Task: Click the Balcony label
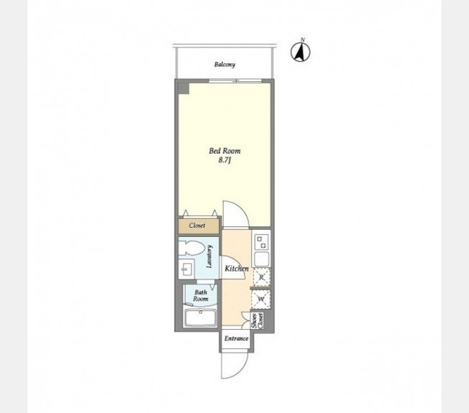pyautogui.click(x=224, y=64)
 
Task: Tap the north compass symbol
pyautogui.click(x=301, y=52)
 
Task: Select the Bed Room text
pyautogui.click(x=224, y=151)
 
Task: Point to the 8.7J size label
pyautogui.click(x=224, y=160)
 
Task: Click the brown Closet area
pyautogui.click(x=199, y=226)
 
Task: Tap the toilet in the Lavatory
pyautogui.click(x=191, y=248)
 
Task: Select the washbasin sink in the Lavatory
pyautogui.click(x=186, y=269)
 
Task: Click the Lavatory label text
pyautogui.click(x=209, y=256)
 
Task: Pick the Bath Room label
pyautogui.click(x=201, y=295)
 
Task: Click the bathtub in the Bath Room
pyautogui.click(x=201, y=318)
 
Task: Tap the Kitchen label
pyautogui.click(x=237, y=269)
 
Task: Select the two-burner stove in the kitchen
pyautogui.click(x=261, y=242)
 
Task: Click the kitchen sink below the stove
pyautogui.click(x=261, y=259)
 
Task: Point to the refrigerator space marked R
pyautogui.click(x=261, y=277)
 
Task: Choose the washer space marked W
pyautogui.click(x=261, y=299)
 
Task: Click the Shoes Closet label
pyautogui.click(x=258, y=321)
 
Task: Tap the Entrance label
pyautogui.click(x=236, y=338)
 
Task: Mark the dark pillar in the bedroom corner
pyautogui.click(x=183, y=88)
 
